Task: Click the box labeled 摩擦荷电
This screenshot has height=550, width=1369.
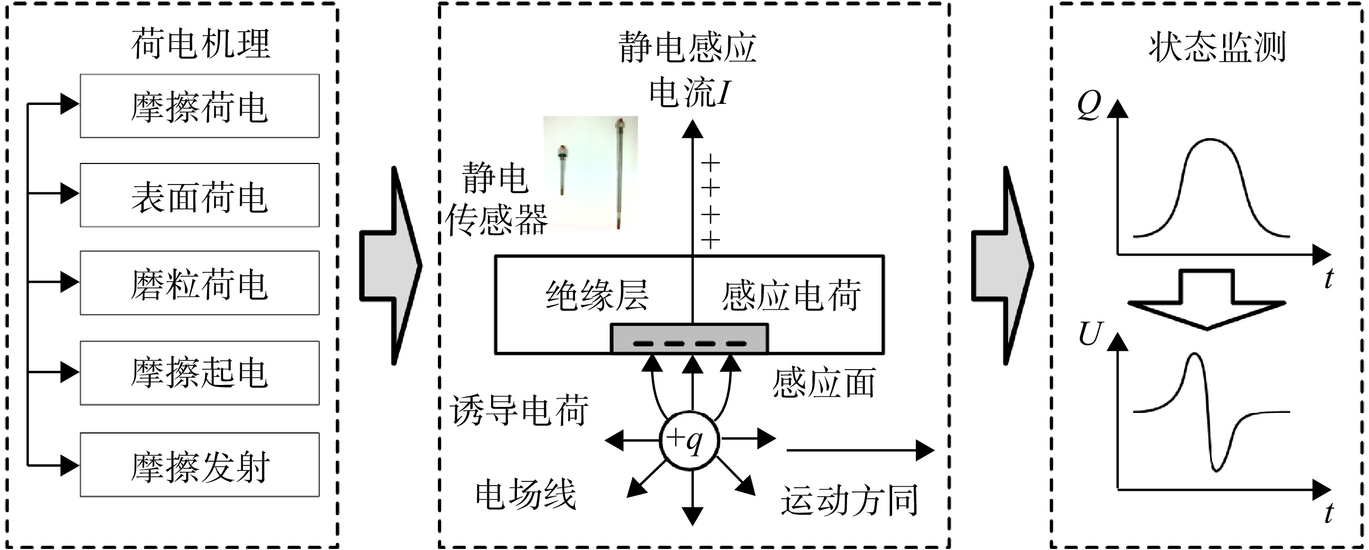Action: coord(199,106)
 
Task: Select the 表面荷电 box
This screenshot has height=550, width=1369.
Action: coord(199,195)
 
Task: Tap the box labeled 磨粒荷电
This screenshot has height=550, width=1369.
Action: coord(199,283)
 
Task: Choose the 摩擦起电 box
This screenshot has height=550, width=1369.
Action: coord(199,373)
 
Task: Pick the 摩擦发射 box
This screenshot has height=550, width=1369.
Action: coord(199,465)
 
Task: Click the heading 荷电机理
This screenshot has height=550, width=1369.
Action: coord(201,44)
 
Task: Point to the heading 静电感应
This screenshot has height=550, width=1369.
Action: coord(688,47)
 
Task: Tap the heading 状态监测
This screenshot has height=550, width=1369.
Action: coord(1217,47)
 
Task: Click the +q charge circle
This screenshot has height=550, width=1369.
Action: coord(689,440)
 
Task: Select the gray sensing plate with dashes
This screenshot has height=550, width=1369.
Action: coord(689,339)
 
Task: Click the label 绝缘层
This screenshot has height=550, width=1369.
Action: coord(597,295)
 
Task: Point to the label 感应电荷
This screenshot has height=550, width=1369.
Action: coord(791,295)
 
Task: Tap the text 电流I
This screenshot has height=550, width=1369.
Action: coord(690,93)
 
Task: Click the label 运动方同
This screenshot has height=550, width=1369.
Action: coord(849,500)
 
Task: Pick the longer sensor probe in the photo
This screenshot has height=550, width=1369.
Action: coord(619,174)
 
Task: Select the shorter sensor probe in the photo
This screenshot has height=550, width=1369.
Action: coord(561,170)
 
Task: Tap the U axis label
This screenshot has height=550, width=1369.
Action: coord(1091,334)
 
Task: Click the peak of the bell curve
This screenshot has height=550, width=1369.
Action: coord(1210,140)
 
